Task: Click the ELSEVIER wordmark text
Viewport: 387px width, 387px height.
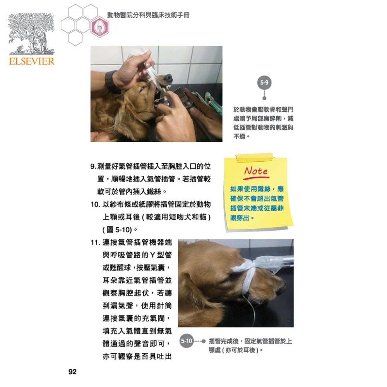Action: (x=31, y=61)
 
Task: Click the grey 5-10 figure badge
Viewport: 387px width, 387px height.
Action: (x=187, y=341)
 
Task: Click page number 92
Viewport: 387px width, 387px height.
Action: (x=72, y=372)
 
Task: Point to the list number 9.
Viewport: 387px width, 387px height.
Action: (x=93, y=167)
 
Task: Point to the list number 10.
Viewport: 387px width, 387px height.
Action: (x=95, y=204)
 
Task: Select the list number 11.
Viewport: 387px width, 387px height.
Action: (x=95, y=243)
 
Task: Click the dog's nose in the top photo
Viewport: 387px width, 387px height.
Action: (x=168, y=78)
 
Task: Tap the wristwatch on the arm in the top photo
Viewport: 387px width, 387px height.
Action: (x=111, y=81)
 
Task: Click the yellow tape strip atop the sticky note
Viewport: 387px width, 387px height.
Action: (x=254, y=157)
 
